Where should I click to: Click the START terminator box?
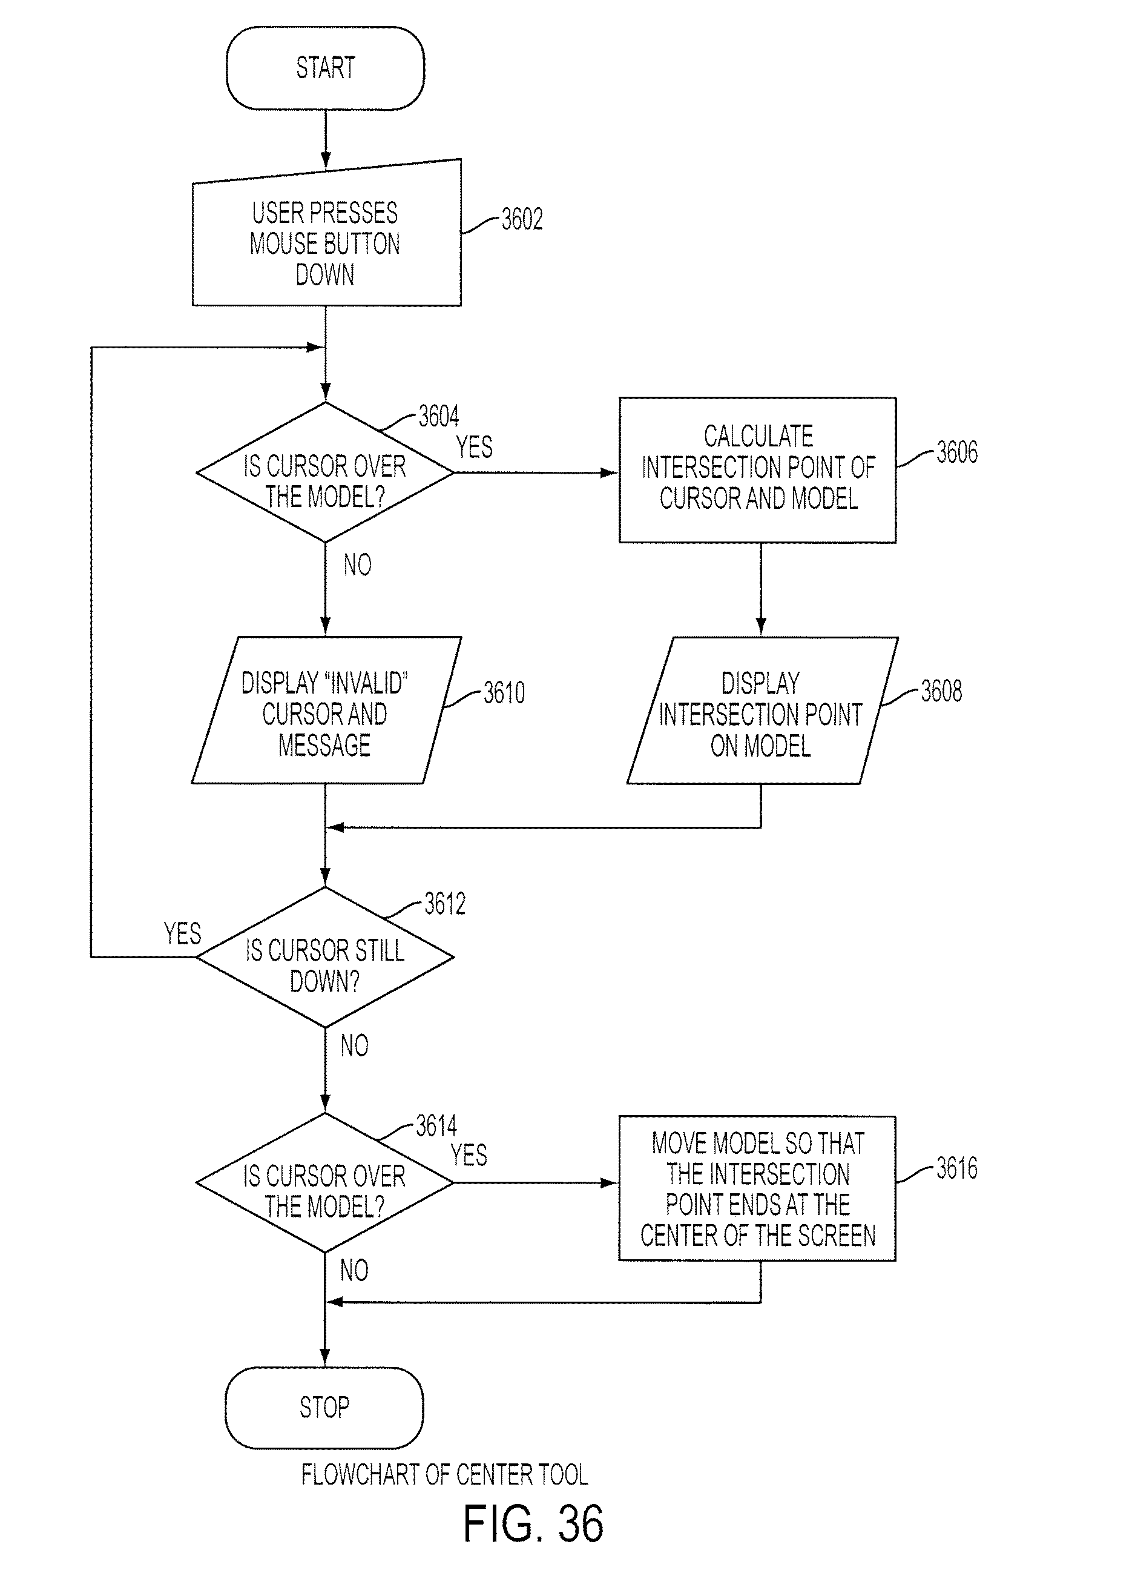325,68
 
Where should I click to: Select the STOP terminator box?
324,1408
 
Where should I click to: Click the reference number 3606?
957,452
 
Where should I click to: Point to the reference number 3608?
941,691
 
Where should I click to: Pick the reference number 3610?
504,693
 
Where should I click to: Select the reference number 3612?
444,904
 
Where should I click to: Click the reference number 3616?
957,1168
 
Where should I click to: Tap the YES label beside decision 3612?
182,933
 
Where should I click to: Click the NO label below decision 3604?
357,565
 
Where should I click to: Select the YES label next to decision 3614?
469,1154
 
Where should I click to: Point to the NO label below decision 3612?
354,1045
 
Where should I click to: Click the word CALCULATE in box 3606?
758,436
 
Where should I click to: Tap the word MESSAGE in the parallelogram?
324,746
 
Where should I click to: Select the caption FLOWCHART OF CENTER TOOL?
444,1475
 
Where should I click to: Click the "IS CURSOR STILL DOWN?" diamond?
325,958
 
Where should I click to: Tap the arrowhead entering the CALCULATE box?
610,472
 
